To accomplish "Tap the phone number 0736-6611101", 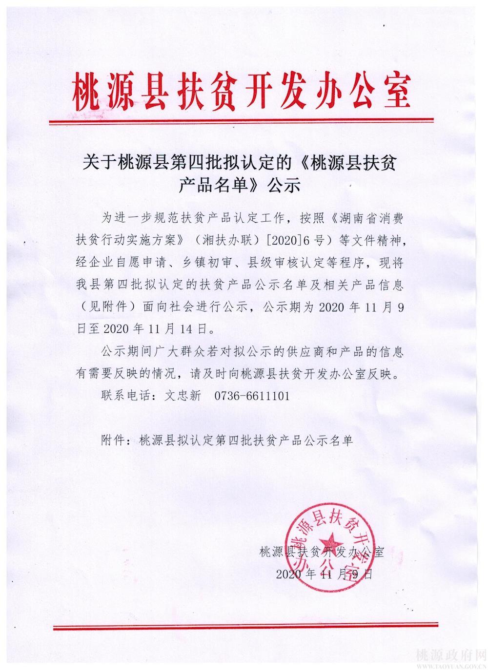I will click(x=252, y=396).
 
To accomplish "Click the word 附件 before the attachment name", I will click(x=112, y=440).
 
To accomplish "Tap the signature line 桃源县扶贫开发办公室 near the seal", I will click(x=323, y=552).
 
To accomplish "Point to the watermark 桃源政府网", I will click(x=449, y=654).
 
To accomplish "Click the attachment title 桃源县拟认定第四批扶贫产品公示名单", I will click(x=245, y=440).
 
